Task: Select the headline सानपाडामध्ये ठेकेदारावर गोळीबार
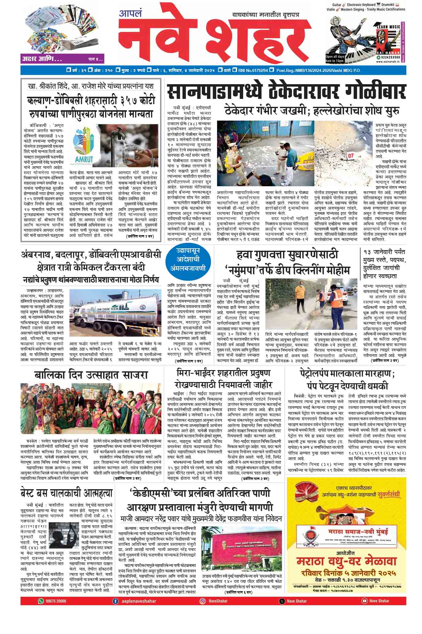[286, 92]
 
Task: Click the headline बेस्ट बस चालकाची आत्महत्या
[67, 493]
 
